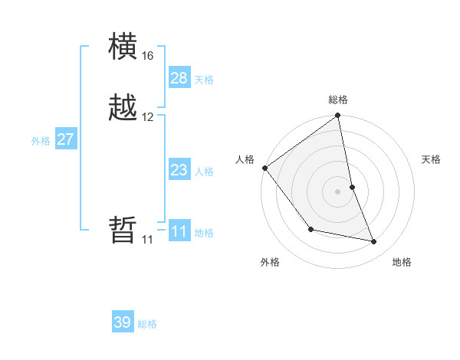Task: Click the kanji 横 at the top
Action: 123,47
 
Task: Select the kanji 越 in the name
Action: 123,108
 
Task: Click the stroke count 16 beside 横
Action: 147,56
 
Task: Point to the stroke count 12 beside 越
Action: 147,117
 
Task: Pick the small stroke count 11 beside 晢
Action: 147,240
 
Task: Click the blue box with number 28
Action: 179,78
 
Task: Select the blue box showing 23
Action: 179,170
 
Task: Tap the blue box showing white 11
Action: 179,231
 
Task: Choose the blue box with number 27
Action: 66,139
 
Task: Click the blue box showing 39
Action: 123,322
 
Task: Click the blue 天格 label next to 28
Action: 204,80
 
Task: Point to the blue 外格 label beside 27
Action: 41,141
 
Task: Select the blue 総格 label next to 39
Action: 147,324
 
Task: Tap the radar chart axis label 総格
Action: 338,100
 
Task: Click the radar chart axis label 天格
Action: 432,159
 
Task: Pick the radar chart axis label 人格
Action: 245,159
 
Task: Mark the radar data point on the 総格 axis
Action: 338,116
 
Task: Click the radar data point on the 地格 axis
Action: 374,242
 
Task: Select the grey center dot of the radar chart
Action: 338,191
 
